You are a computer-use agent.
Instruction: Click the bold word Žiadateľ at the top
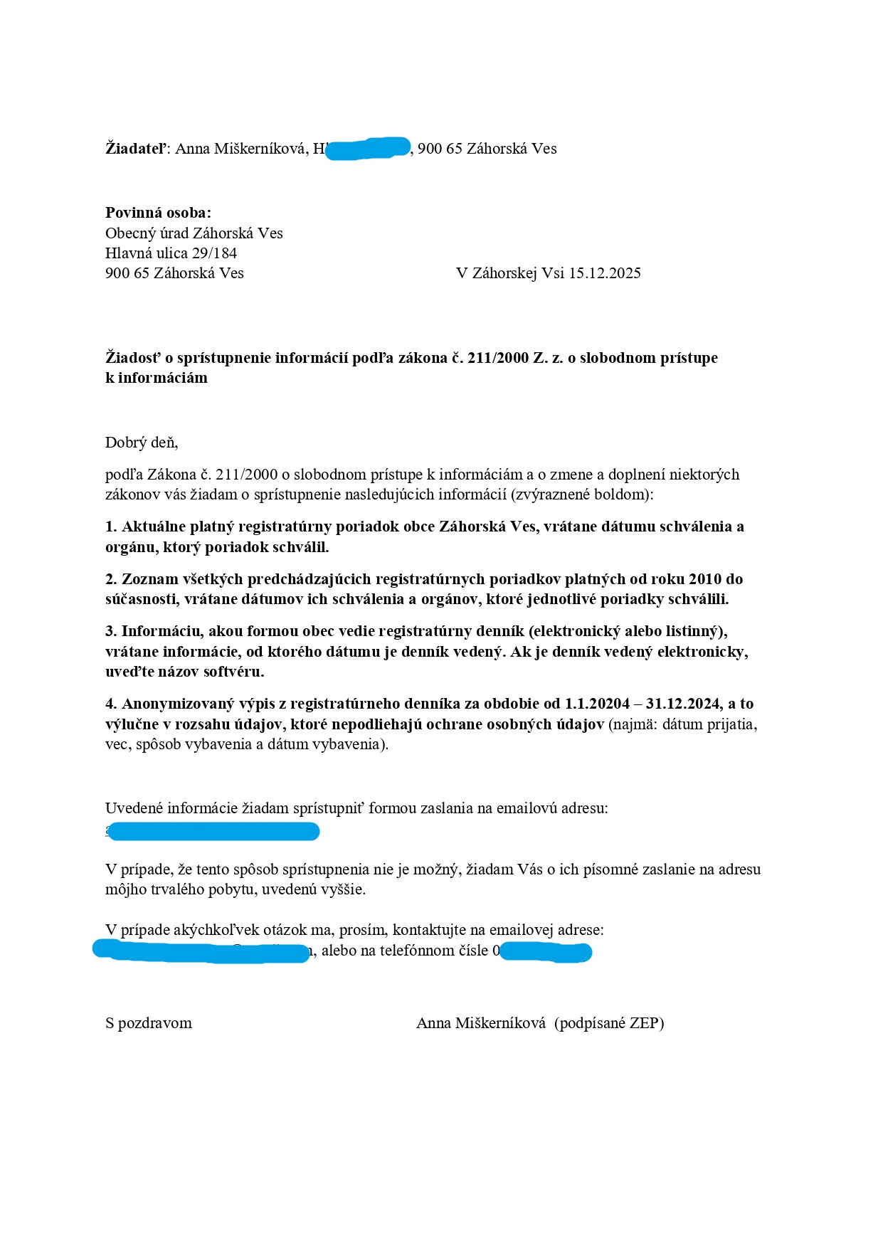[135, 149]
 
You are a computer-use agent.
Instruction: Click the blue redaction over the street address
[368, 148]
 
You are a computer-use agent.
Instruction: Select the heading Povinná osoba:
[158, 213]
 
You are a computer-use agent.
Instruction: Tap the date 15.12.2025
[605, 273]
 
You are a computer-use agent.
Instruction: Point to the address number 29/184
[214, 253]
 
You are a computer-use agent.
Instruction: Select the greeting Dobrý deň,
[142, 443]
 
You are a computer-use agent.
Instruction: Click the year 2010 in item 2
[705, 579]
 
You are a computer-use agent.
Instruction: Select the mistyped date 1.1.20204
[597, 704]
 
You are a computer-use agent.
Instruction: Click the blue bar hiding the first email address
[213, 831]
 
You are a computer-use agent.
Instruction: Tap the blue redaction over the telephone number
[546, 951]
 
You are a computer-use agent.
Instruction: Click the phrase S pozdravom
[149, 1024]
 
